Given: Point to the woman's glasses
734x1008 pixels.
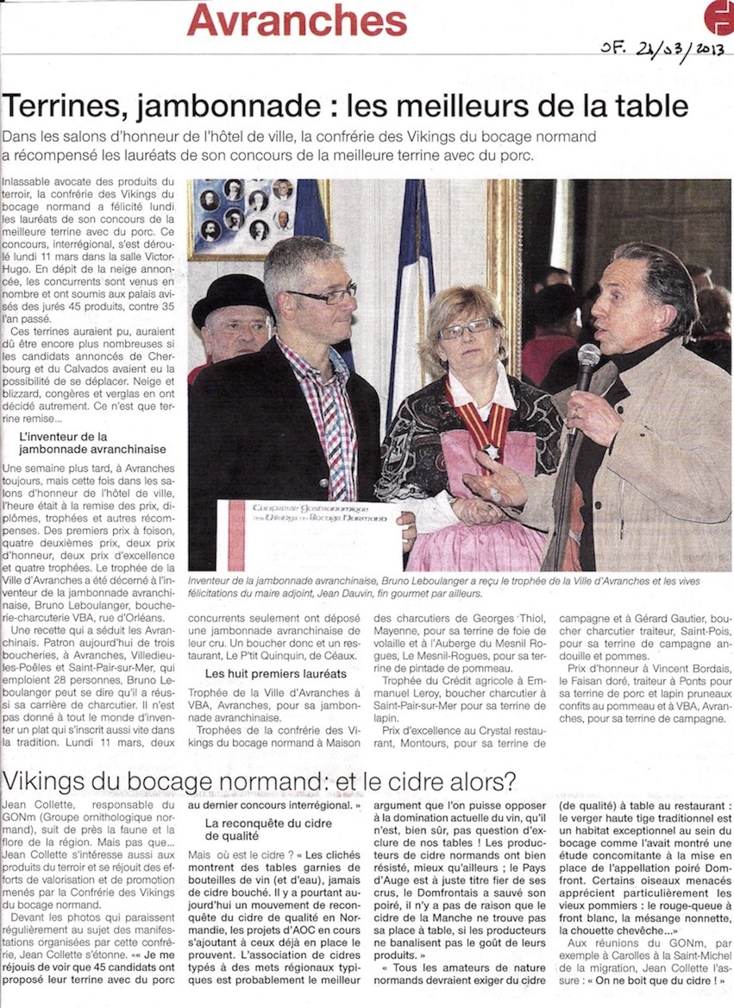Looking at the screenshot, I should pyautogui.click(x=466, y=330).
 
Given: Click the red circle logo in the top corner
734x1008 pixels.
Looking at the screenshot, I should pyautogui.click(x=718, y=17).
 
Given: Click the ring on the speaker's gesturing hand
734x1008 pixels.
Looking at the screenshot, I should pyautogui.click(x=497, y=494).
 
